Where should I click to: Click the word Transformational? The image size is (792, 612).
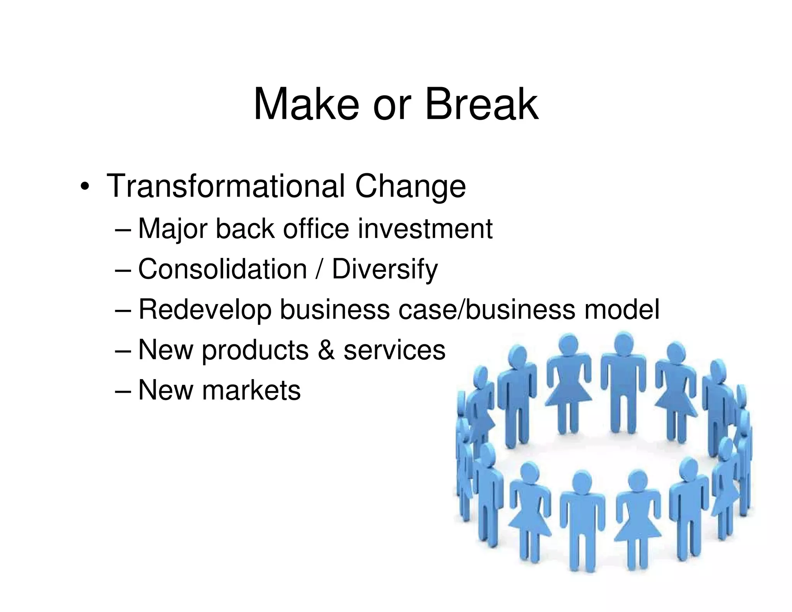tap(225, 186)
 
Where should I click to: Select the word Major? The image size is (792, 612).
tap(173, 229)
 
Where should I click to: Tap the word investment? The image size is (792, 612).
tap(425, 229)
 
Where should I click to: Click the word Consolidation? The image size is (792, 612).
tap(222, 269)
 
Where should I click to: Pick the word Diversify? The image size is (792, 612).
tap(385, 270)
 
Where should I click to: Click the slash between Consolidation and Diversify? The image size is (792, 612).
tap(319, 270)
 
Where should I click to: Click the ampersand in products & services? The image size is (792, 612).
tap(326, 350)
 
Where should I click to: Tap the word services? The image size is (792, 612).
tap(394, 350)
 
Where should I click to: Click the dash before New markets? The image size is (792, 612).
tap(123, 391)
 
